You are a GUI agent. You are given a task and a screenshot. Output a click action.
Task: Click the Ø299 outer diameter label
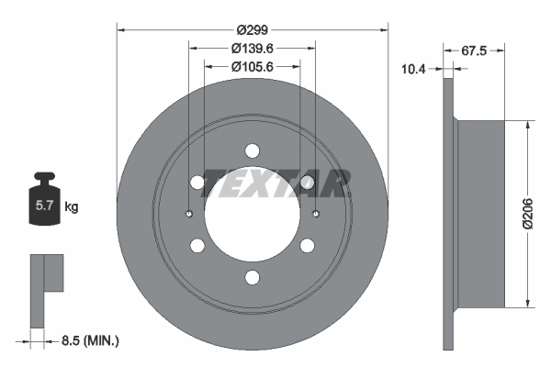tap(252, 29)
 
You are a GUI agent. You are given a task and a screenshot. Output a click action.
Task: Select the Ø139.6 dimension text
tap(252, 48)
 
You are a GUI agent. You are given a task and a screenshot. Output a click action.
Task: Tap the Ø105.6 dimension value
tap(252, 66)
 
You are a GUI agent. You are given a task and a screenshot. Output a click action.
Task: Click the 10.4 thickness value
tap(415, 68)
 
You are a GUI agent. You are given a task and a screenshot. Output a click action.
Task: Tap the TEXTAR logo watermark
tap(275, 183)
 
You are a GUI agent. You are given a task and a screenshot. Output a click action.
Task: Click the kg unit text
tap(72, 206)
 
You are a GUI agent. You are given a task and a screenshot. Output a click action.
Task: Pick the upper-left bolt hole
tap(197, 183)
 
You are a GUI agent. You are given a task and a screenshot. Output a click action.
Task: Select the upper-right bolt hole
tap(307, 183)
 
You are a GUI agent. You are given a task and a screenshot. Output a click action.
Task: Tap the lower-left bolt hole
tap(197, 245)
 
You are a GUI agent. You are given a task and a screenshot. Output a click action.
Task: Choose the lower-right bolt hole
tap(307, 245)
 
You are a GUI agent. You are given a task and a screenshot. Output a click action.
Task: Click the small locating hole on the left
tap(188, 215)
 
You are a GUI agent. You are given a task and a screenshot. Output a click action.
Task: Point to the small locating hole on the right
tap(315, 215)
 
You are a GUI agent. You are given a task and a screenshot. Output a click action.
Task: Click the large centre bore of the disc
tap(252, 215)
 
